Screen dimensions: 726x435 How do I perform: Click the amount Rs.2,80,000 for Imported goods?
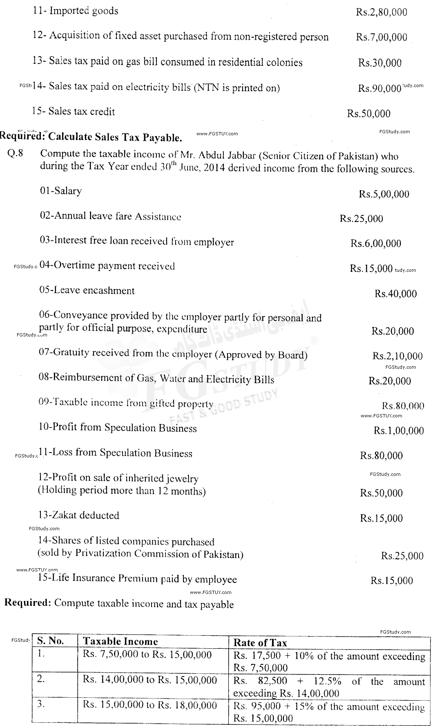(x=381, y=12)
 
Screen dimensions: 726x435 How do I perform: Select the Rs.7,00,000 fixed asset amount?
(x=381, y=38)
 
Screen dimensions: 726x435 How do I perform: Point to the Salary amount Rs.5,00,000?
(x=384, y=195)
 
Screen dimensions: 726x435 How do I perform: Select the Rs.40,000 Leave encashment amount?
(x=395, y=294)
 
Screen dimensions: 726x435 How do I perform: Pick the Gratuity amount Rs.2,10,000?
(x=397, y=356)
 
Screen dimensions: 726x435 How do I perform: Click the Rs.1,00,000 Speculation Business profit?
(x=398, y=431)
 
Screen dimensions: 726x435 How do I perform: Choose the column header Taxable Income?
(x=120, y=642)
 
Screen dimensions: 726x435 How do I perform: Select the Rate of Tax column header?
(x=260, y=643)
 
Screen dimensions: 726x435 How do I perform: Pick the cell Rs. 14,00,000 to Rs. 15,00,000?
(x=149, y=680)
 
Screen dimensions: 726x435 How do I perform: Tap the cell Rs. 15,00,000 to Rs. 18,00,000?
(x=149, y=705)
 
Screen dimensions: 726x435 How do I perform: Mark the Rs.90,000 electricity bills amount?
(x=379, y=88)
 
